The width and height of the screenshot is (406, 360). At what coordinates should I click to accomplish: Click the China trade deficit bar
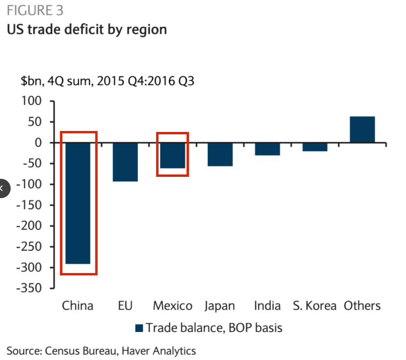(x=78, y=203)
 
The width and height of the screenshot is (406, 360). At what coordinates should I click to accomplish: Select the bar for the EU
(x=125, y=162)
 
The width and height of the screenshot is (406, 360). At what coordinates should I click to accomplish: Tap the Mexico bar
(x=173, y=155)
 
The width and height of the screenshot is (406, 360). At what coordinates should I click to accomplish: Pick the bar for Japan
(x=220, y=154)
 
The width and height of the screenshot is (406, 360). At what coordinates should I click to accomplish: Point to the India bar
(x=267, y=149)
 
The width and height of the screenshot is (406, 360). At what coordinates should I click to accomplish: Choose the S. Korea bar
(x=315, y=147)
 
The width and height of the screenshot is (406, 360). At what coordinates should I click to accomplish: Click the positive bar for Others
(x=362, y=130)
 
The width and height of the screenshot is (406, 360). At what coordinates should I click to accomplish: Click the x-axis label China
(x=78, y=306)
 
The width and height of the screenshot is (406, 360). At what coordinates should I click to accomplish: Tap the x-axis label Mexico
(x=173, y=306)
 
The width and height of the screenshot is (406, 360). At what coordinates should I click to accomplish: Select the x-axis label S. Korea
(x=315, y=306)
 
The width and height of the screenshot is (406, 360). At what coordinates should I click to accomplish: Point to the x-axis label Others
(x=362, y=306)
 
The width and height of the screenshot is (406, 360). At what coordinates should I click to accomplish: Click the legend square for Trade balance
(x=139, y=328)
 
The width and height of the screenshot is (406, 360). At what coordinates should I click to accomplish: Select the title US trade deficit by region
(x=87, y=29)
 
